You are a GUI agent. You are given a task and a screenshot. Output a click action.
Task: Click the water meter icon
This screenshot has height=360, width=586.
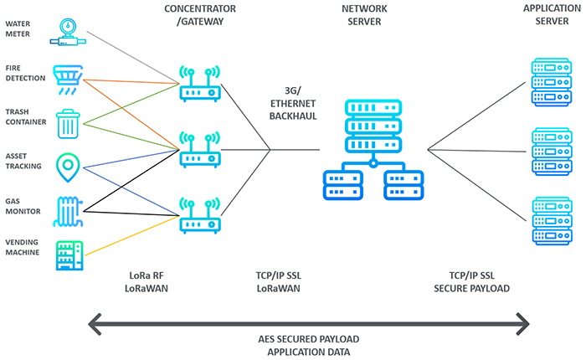pos(68,33)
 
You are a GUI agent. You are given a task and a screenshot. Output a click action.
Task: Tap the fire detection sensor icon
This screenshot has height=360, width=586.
pos(68,80)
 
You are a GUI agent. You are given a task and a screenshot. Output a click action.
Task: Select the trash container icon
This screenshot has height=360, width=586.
pos(68,124)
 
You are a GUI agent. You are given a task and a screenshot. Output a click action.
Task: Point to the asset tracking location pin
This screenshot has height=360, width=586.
pos(68,167)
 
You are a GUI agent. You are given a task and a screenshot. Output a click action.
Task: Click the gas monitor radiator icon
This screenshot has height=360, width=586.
pos(68,212)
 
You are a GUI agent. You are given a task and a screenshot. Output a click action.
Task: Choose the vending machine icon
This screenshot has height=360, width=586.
pos(69,255)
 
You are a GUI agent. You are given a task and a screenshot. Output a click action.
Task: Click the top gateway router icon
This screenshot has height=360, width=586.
pos(200,84)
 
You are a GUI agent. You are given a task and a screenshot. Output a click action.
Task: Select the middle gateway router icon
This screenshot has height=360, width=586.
pos(200,150)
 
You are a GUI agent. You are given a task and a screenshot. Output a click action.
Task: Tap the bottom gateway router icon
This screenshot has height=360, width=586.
pos(200,216)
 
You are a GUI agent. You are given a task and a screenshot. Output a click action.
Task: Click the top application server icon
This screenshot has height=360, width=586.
pos(552,82)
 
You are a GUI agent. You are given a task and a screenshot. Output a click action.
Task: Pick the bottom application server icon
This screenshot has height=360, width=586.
pos(552,221)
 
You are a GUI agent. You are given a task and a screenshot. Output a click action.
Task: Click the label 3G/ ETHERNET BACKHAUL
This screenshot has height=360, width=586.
pos(293,104)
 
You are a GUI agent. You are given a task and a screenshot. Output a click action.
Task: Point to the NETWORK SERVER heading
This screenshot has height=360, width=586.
pos(364,15)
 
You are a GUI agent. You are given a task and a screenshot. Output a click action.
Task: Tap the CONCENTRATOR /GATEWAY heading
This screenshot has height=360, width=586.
pos(200,15)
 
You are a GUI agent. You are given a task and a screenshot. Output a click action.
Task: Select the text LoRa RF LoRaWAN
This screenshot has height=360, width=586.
pos(146,282)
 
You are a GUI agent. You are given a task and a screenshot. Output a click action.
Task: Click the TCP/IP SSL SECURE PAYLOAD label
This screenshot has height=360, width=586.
pos(471,282)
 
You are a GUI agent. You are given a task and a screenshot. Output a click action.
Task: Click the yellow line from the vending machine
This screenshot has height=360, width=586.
pos(132,235)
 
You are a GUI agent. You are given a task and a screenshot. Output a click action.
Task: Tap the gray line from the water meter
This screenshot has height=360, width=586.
pos(133,58)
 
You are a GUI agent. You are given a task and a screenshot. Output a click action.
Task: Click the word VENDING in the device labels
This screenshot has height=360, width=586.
pos(22,242)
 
